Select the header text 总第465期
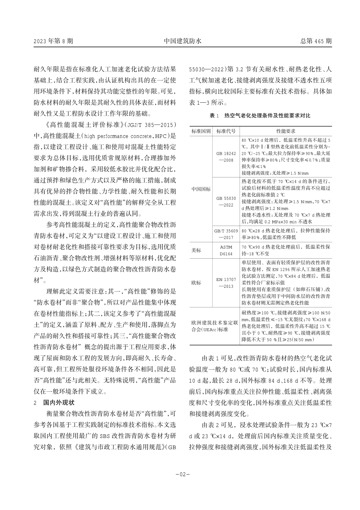pyautogui.click(x=316, y=41)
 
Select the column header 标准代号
pyautogui.click(x=226, y=131)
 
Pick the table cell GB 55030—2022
pyautogui.click(x=226, y=201)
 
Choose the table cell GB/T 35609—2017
pyautogui.click(x=226, y=234)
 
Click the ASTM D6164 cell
pyautogui.click(x=226, y=250)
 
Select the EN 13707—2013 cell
pyautogui.click(x=226, y=283)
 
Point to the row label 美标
pyautogui.click(x=197, y=251)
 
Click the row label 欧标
pyautogui.click(x=197, y=283)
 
